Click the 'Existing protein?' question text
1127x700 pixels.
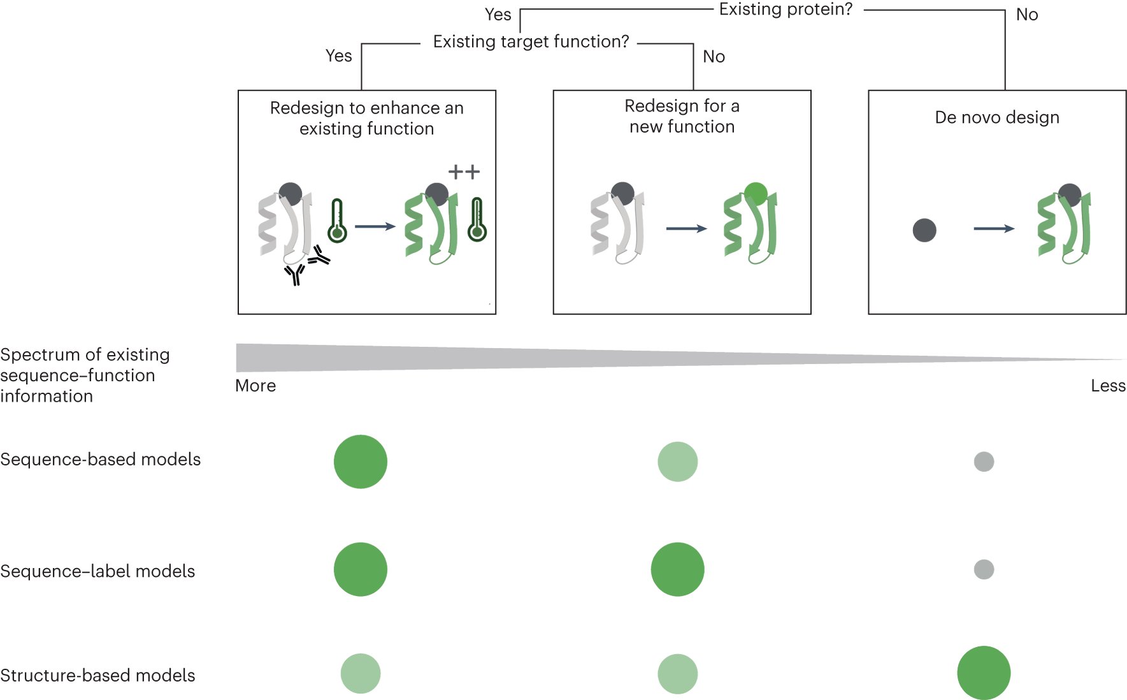[785, 10]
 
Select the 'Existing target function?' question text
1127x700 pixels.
[531, 41]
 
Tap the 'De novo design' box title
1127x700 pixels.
[996, 117]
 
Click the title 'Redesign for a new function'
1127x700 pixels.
[682, 116]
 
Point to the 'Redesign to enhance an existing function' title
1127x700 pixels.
[366, 118]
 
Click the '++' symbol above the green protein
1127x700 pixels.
[464, 171]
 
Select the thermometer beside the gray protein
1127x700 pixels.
[337, 221]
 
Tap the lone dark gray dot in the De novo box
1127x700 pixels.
[924, 230]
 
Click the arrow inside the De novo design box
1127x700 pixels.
[994, 228]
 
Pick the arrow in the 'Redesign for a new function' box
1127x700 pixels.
[686, 228]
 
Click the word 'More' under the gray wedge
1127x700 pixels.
[255, 386]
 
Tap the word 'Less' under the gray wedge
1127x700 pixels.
[1107, 386]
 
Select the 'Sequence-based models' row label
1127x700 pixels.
[100, 459]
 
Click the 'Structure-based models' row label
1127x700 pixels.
[97, 675]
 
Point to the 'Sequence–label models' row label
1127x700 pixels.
[97, 571]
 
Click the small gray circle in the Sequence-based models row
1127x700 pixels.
[984, 462]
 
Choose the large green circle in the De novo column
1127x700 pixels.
[984, 673]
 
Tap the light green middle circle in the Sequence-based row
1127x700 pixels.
[677, 462]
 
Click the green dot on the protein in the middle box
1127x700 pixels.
[756, 193]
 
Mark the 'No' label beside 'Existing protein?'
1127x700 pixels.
[1026, 15]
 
